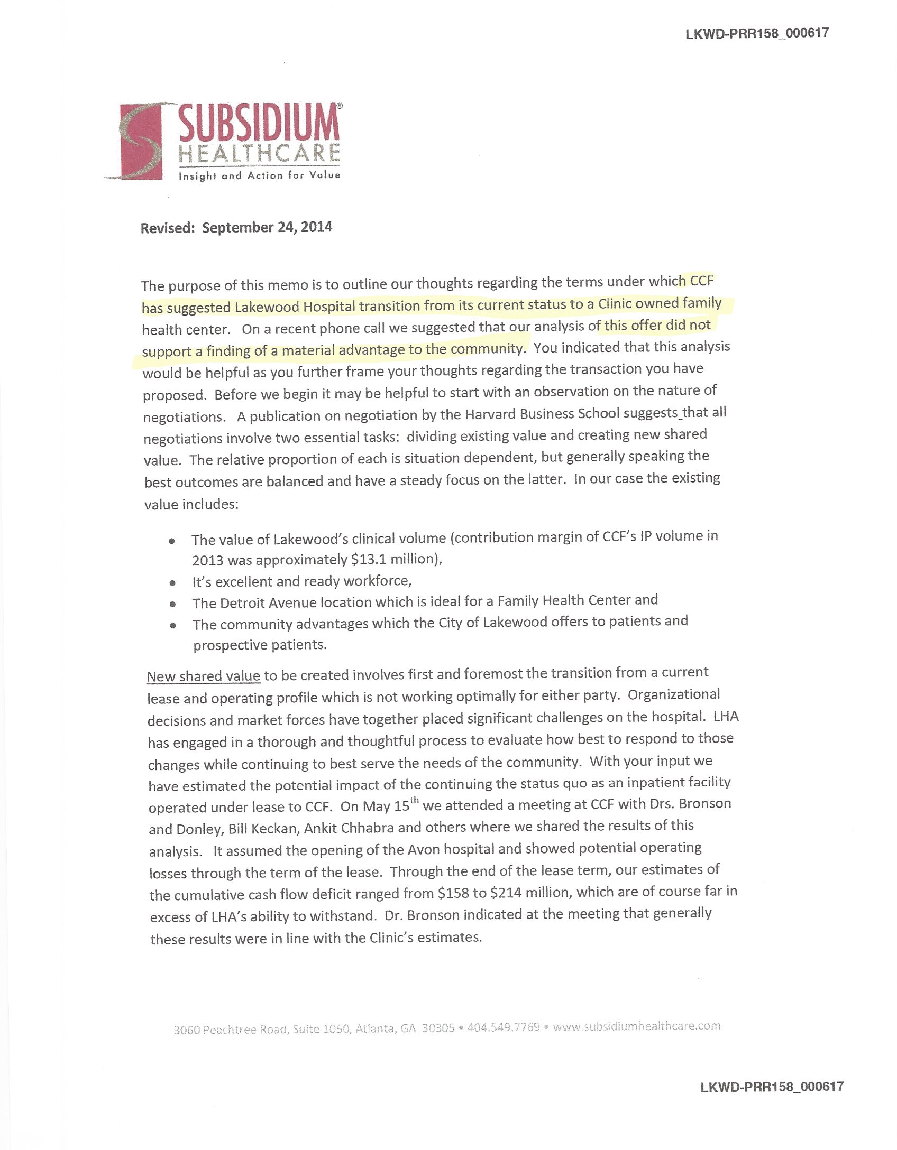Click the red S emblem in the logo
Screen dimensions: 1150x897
point(140,142)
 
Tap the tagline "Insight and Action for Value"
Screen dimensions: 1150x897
point(259,175)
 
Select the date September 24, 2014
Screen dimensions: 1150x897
point(267,228)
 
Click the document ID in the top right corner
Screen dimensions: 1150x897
point(757,33)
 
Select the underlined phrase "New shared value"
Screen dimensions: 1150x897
point(204,676)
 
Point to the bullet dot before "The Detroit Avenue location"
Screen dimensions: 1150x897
point(172,604)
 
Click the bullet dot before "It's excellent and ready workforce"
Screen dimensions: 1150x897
point(172,583)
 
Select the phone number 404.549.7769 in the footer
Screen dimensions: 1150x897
point(504,1027)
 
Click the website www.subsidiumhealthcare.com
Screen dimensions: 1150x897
point(637,1026)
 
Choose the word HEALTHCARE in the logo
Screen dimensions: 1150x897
point(259,153)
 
